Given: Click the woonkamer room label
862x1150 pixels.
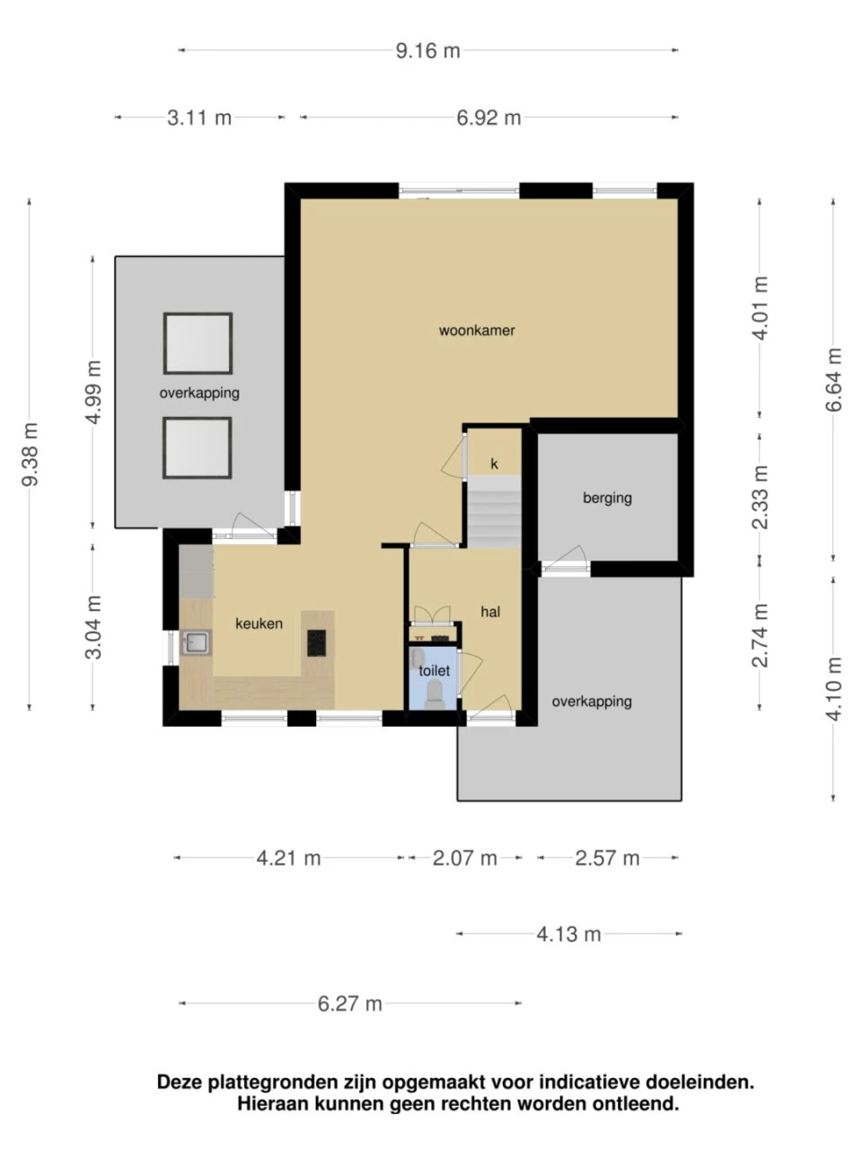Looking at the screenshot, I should pyautogui.click(x=477, y=331).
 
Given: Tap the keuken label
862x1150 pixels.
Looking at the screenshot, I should pyautogui.click(x=259, y=624).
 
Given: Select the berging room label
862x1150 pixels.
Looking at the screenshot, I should pyautogui.click(x=607, y=498).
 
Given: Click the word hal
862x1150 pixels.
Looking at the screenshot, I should pyautogui.click(x=490, y=612).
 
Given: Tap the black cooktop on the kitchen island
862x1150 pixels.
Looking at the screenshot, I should pyautogui.click(x=317, y=642).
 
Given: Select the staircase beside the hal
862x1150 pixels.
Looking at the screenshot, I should pyautogui.click(x=493, y=513).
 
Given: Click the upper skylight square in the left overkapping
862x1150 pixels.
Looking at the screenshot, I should pyautogui.click(x=198, y=343).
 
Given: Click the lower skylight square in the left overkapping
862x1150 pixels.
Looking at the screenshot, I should pyautogui.click(x=198, y=447).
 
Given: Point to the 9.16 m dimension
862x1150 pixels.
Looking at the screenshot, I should pyautogui.click(x=427, y=50).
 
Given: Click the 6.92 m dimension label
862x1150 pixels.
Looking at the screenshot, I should pyautogui.click(x=488, y=118).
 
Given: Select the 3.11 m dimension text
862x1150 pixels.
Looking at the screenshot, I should pyautogui.click(x=199, y=118).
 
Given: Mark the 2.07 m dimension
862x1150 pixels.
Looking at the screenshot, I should pyautogui.click(x=464, y=858).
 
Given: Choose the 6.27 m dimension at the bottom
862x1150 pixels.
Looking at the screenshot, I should pyautogui.click(x=349, y=1004).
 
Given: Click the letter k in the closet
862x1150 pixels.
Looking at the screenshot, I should pyautogui.click(x=494, y=464).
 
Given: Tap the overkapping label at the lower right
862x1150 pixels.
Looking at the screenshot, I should pyautogui.click(x=592, y=702).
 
